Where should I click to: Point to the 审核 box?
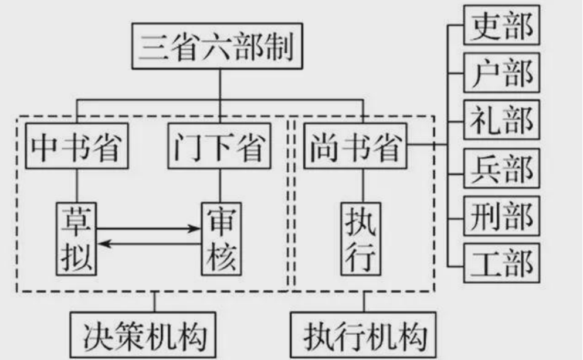pos(221,238)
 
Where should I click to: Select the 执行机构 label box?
pos(364,335)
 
